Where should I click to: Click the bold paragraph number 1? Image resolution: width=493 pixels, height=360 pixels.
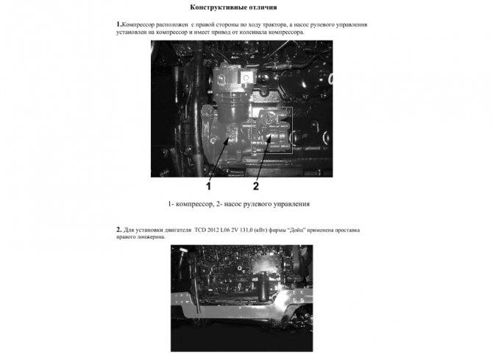[118, 24]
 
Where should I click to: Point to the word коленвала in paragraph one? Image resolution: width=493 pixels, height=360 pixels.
[253, 32]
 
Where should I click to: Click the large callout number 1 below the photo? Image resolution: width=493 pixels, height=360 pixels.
[208, 186]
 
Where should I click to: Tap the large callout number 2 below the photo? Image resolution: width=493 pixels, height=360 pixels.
[256, 186]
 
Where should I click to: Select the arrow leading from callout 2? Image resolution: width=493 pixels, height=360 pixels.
[263, 158]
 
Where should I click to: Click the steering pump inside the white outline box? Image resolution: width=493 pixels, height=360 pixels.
[272, 130]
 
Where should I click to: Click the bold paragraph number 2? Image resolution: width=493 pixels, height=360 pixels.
[119, 230]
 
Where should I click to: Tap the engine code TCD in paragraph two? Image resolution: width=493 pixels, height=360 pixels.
[199, 230]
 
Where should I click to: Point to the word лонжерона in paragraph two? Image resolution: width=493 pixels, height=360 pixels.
[152, 237]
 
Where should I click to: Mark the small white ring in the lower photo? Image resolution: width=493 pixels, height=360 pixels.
[240, 268]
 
